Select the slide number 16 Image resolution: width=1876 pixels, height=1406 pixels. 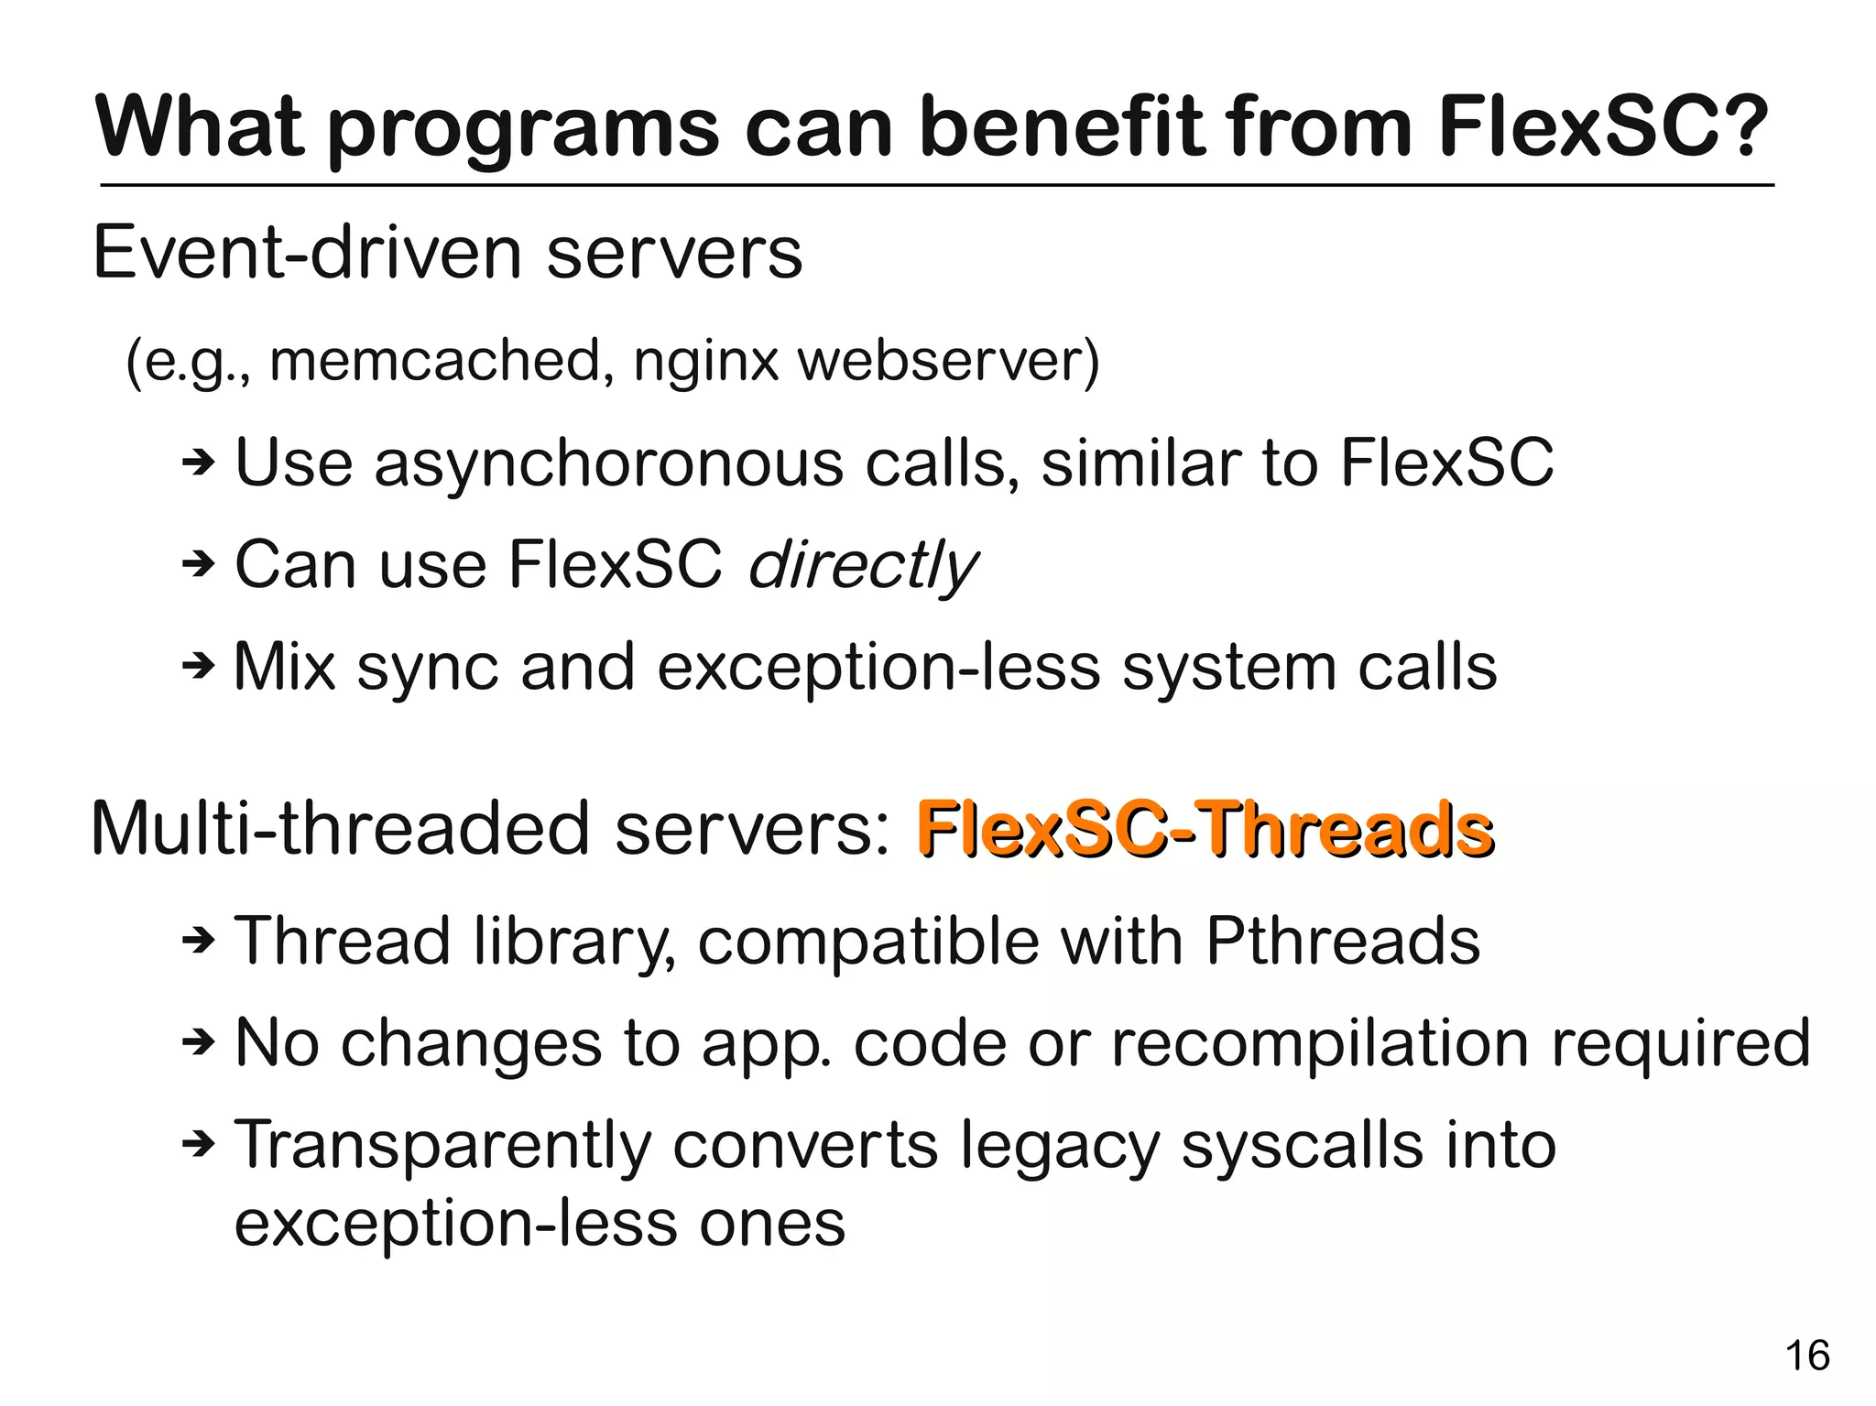pyautogui.click(x=1807, y=1356)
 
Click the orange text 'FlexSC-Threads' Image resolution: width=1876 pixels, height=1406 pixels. pyautogui.click(x=1205, y=830)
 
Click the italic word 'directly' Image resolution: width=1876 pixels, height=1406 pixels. pyautogui.click(x=863, y=564)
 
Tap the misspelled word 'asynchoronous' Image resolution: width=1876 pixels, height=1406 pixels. pyautogui.click(x=607, y=463)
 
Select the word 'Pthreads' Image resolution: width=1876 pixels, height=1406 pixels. pyautogui.click(x=1342, y=941)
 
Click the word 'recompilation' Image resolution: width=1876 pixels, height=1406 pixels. pyautogui.click(x=1320, y=1043)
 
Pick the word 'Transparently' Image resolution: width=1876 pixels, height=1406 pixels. pyautogui.click(x=442, y=1147)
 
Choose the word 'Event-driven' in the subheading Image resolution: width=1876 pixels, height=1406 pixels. pyautogui.click(x=308, y=253)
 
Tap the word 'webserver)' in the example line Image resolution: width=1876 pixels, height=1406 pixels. pyautogui.click(x=949, y=361)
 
